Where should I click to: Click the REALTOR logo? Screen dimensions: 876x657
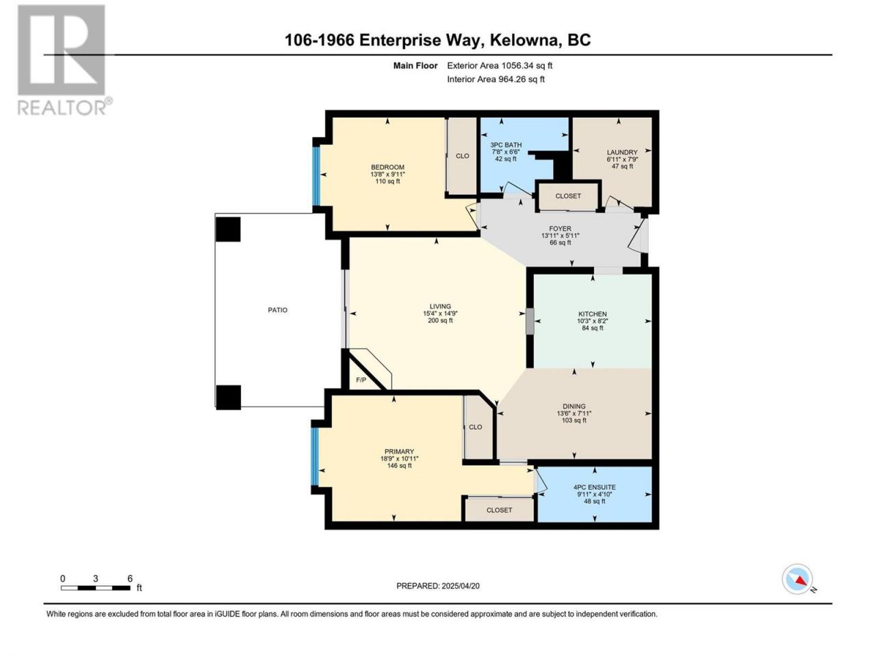click(x=63, y=60)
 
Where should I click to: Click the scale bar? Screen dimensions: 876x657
click(x=95, y=588)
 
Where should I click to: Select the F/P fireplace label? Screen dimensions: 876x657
click(x=361, y=380)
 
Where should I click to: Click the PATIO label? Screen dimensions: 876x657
click(x=277, y=310)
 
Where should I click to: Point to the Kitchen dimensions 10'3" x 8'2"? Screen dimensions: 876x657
click(x=592, y=321)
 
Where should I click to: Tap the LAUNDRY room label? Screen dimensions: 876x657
click(x=622, y=152)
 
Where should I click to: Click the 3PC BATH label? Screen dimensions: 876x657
click(x=506, y=145)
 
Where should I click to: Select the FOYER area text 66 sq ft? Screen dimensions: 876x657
click(x=560, y=242)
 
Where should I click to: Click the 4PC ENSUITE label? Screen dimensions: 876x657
click(x=594, y=487)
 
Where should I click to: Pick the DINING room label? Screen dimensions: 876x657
click(x=574, y=406)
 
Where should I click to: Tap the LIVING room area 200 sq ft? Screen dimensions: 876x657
click(x=440, y=320)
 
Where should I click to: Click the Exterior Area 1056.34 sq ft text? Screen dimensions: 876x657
click(x=500, y=66)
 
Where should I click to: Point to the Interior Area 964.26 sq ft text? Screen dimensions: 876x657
click(x=495, y=79)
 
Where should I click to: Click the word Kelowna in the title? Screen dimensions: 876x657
click(x=522, y=40)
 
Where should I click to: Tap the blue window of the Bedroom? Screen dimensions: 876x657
click(x=316, y=175)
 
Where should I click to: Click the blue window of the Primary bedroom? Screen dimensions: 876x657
click(x=315, y=456)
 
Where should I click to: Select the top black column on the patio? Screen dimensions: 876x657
click(x=228, y=229)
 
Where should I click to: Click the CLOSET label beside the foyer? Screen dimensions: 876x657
click(x=568, y=196)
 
